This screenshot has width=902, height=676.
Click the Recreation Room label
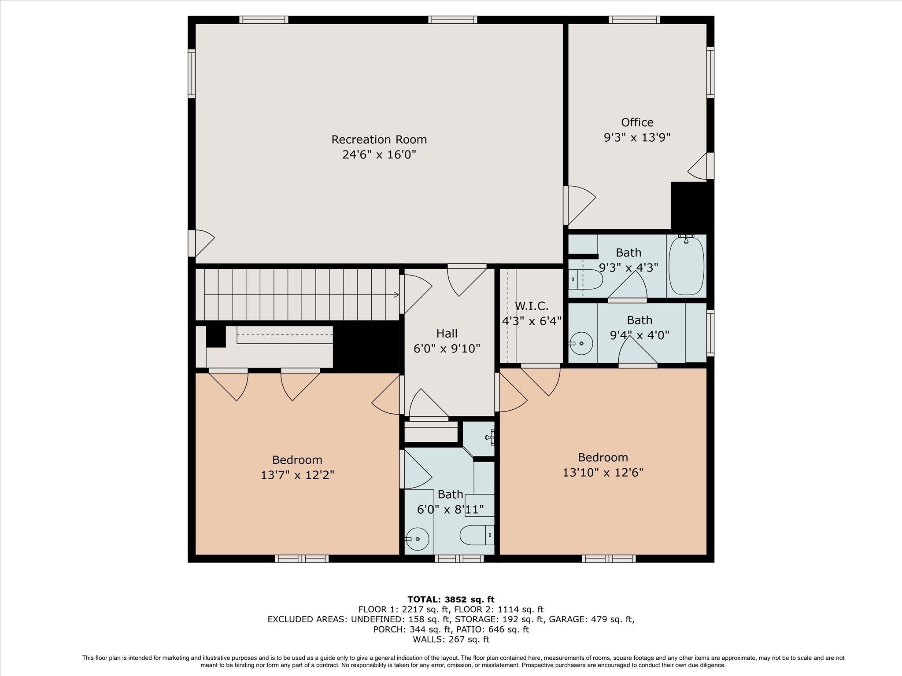tap(379, 140)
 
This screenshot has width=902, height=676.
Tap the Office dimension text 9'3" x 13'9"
tap(637, 137)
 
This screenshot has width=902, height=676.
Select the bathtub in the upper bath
tap(686, 265)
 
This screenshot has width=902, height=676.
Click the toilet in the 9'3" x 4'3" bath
tap(585, 279)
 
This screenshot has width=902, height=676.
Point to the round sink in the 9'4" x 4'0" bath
tap(581, 343)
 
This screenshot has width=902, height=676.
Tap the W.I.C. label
tap(532, 306)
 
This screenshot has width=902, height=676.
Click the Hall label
tap(447, 334)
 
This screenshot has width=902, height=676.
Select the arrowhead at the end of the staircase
tap(396, 294)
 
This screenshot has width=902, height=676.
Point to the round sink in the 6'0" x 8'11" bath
tap(417, 539)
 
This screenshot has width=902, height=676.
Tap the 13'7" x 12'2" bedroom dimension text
tap(297, 475)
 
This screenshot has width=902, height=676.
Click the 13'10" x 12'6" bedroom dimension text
tap(603, 472)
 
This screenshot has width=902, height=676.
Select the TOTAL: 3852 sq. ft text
tap(451, 599)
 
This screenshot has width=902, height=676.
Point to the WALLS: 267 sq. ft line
tap(451, 639)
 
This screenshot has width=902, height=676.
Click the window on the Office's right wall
tap(710, 72)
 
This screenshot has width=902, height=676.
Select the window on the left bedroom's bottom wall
tap(302, 558)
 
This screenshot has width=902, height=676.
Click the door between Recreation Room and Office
tap(579, 206)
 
